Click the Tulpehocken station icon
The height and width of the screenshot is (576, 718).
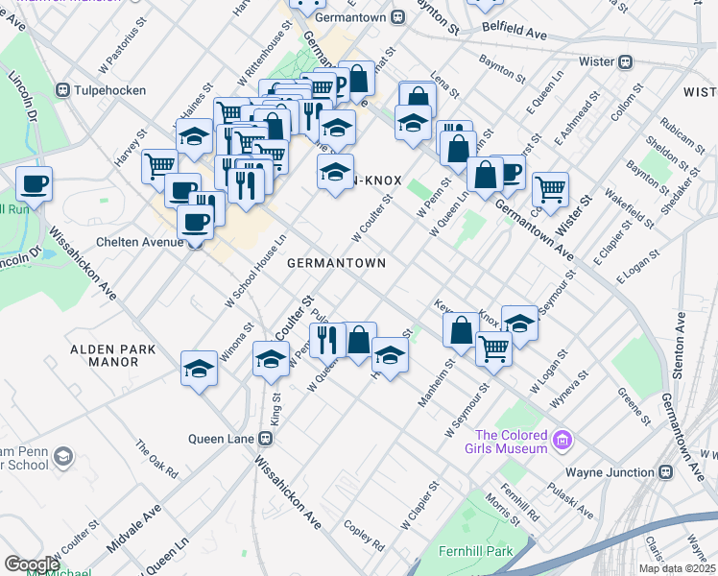click(63, 91)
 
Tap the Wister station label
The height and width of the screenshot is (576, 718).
click(596, 61)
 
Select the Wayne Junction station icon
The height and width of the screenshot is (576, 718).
click(667, 472)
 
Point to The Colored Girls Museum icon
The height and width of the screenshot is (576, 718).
click(563, 442)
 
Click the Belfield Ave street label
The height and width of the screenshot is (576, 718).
click(514, 32)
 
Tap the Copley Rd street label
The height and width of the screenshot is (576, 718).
click(365, 535)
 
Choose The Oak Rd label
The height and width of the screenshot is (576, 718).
click(156, 460)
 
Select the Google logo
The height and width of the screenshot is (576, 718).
click(32, 564)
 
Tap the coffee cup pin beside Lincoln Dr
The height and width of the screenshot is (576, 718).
click(34, 182)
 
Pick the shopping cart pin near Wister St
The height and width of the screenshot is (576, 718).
click(550, 188)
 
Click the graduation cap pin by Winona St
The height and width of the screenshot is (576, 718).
click(200, 368)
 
